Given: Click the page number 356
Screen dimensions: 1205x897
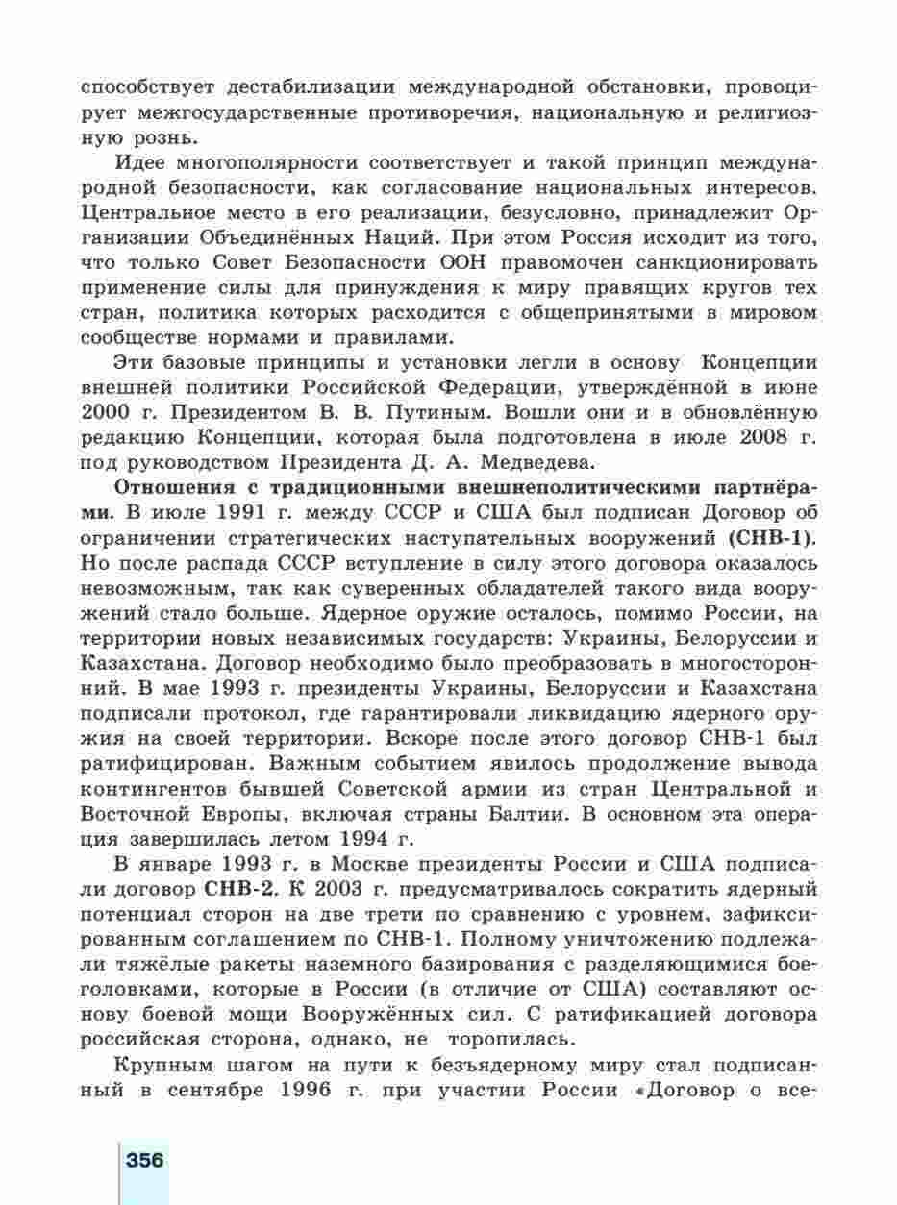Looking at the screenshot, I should point(144,1159).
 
